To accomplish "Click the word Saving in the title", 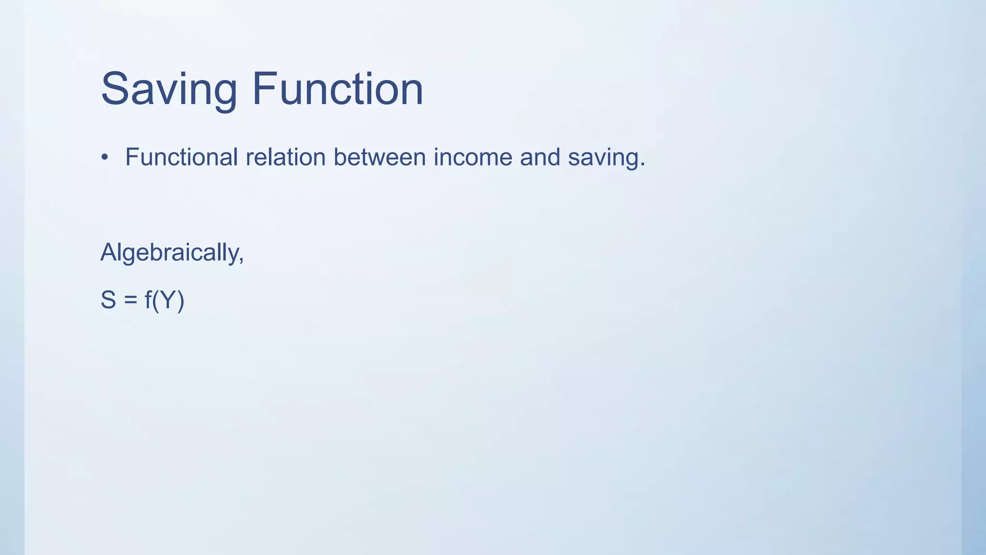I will (x=169, y=89).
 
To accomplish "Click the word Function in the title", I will (x=337, y=89).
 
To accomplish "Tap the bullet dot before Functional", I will (x=105, y=158).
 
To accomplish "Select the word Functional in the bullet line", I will (x=182, y=157).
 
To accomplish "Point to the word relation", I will (x=285, y=157).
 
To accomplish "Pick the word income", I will (x=473, y=157).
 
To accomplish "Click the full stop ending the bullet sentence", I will (x=642, y=165).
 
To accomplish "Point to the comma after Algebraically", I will (x=241, y=261).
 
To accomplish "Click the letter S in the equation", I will (x=108, y=300).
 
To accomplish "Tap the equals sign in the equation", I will (x=130, y=300).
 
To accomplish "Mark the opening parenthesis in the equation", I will (x=156, y=301).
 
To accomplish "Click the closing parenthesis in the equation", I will (x=181, y=301).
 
